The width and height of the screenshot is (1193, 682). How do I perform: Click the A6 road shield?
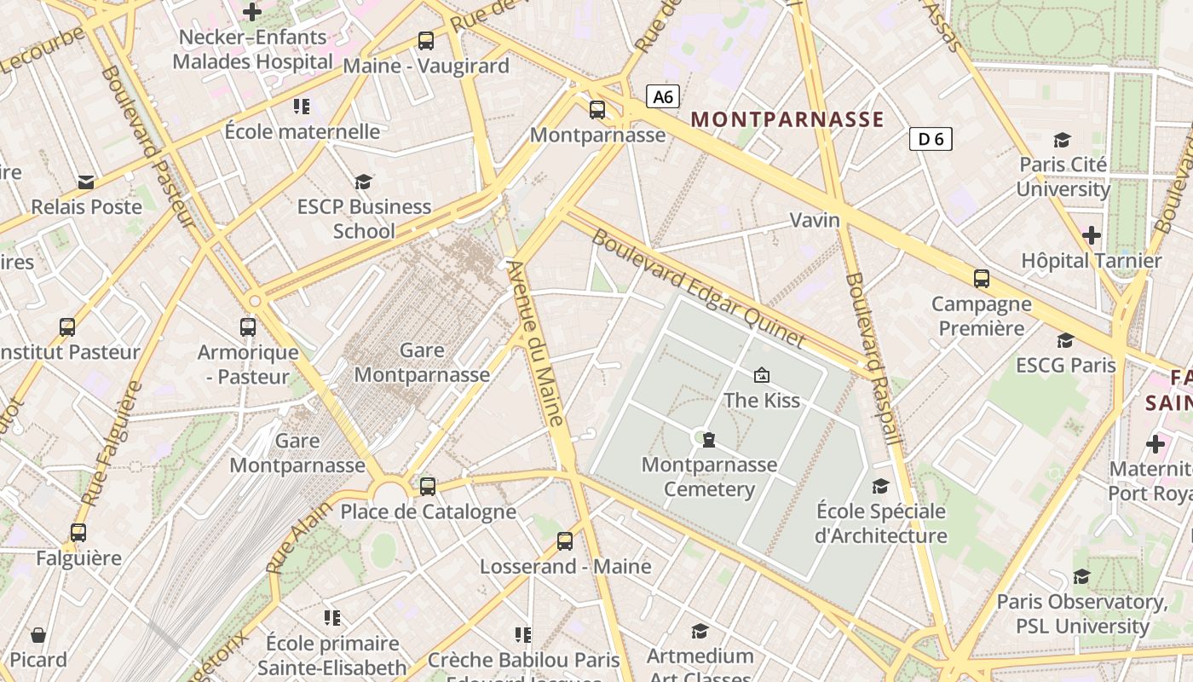point(663,97)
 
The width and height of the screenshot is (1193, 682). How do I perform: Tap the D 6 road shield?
point(931,139)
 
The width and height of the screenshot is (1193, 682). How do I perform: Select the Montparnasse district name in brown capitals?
point(787,119)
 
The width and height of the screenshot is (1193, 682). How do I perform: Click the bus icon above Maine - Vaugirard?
point(425,40)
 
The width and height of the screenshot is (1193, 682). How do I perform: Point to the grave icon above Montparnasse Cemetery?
point(708,440)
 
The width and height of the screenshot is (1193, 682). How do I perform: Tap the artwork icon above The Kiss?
point(761,375)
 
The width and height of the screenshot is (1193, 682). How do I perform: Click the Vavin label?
point(815,220)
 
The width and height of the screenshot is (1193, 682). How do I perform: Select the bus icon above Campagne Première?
point(982,279)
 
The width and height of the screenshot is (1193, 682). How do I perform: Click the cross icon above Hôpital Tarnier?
point(1091,234)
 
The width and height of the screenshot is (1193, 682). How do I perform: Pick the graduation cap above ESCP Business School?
point(364,182)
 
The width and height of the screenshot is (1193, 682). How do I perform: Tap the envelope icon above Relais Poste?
point(86,182)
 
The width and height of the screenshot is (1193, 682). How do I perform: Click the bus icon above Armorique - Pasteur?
point(248,327)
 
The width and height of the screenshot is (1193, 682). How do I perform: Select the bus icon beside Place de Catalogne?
point(428,487)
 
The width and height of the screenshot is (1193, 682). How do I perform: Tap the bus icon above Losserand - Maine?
point(565,541)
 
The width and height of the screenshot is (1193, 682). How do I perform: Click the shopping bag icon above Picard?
point(38,635)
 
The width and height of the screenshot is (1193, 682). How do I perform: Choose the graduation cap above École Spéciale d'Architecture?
point(880,486)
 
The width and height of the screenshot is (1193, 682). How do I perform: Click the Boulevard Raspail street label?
point(869,358)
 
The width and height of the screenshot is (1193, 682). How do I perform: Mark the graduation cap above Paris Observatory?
point(1081,577)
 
